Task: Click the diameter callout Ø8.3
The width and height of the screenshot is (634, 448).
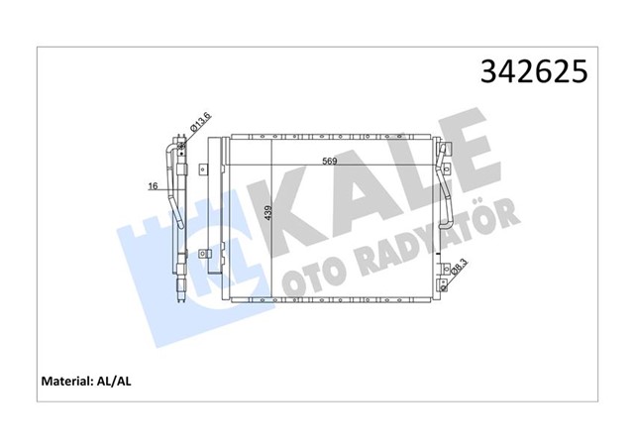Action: pyautogui.click(x=460, y=267)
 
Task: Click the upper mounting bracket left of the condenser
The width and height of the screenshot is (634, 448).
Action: pyautogui.click(x=205, y=167)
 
